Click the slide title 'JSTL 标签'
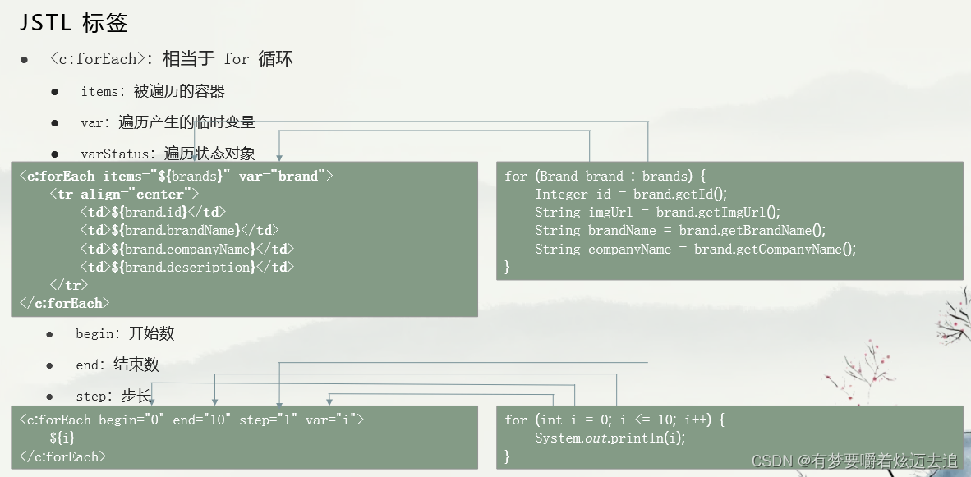pyautogui.click(x=74, y=23)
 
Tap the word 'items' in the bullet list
pyautogui.click(x=99, y=92)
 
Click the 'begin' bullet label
pyautogui.click(x=97, y=334)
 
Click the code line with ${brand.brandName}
pyautogui.click(x=179, y=231)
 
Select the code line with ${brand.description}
pyautogui.click(x=186, y=267)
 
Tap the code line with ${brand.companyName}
pyautogui.click(x=186, y=249)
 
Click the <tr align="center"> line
pyautogui.click(x=124, y=195)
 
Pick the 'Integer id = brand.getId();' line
pyautogui.click(x=631, y=195)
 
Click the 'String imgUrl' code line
pyautogui.click(x=657, y=213)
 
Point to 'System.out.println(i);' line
pyautogui.click(x=610, y=438)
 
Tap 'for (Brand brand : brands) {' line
pyautogui.click(x=605, y=177)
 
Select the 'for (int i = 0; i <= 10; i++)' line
pyautogui.click(x=614, y=420)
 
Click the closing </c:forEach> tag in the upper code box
pyautogui.click(x=65, y=304)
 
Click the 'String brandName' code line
pyautogui.click(x=680, y=231)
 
